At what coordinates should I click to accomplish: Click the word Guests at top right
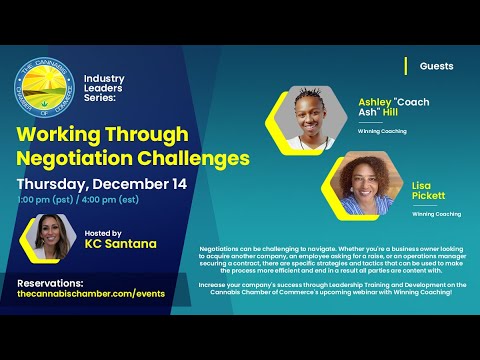click(436, 67)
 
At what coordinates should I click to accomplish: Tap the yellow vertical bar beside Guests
click(405, 66)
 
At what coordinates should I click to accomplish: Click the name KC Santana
click(121, 244)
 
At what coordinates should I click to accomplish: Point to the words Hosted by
click(104, 229)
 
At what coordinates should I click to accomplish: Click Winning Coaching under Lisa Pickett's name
click(436, 214)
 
